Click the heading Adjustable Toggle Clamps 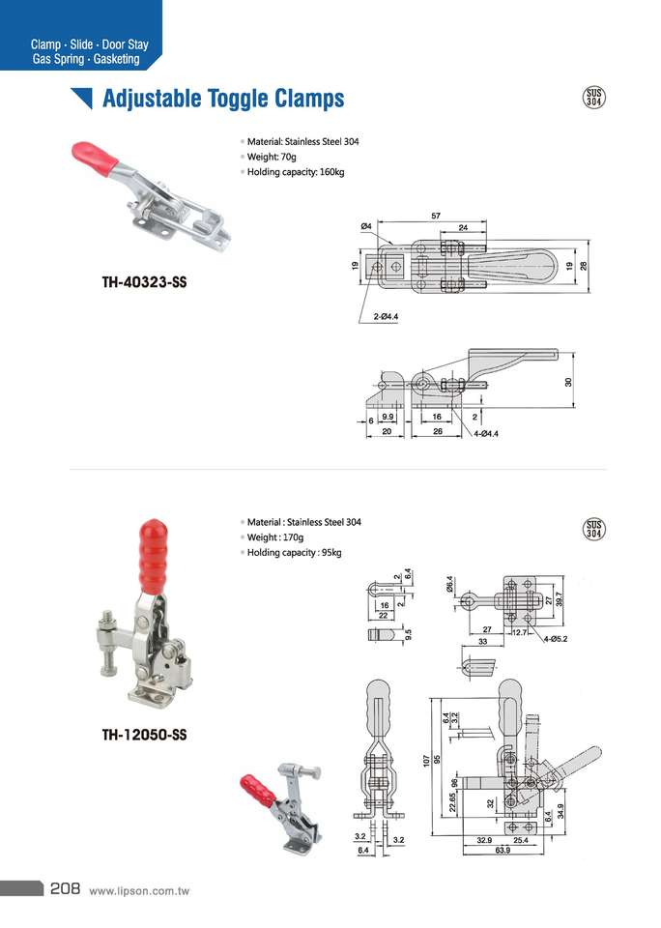(x=222, y=99)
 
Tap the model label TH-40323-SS (x=144, y=283)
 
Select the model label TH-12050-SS (x=144, y=735)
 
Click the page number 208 (x=64, y=888)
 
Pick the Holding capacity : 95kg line (x=294, y=552)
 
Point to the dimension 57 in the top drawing (x=436, y=216)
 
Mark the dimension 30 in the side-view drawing (x=569, y=383)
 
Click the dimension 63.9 (x=502, y=851)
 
